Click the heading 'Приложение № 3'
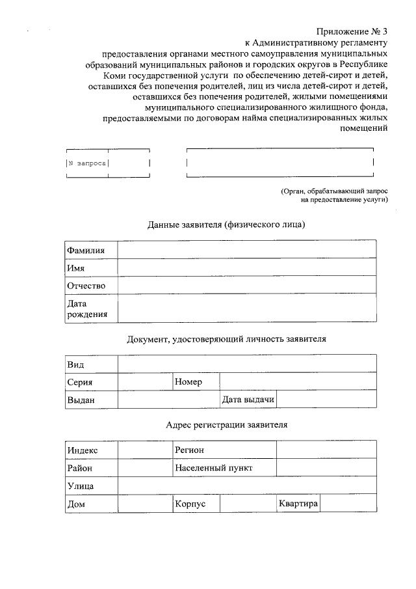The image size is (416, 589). (x=352, y=31)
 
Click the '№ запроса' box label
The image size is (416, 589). (x=87, y=163)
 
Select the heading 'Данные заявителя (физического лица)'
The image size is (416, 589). (x=226, y=225)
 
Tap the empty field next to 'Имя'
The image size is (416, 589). (x=247, y=267)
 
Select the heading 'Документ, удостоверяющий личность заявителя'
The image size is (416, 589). (x=226, y=339)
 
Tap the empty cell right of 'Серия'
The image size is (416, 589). (x=145, y=382)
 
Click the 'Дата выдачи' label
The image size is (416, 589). (x=248, y=399)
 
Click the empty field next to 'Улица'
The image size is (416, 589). (x=247, y=486)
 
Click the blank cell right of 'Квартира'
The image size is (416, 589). (x=348, y=504)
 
